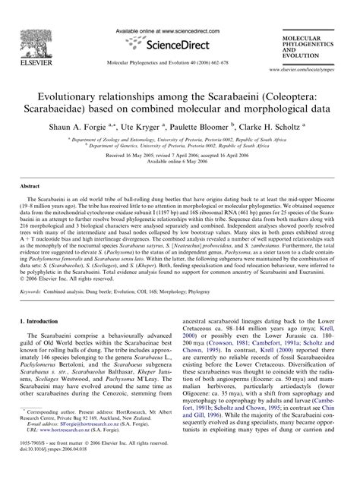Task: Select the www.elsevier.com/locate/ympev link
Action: coord(309,68)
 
